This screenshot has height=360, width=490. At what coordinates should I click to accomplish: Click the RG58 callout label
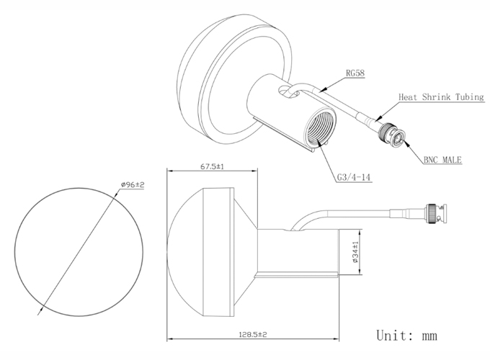point(355,73)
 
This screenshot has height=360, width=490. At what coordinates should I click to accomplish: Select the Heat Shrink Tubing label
point(441,97)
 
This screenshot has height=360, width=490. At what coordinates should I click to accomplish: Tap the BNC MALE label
point(442,160)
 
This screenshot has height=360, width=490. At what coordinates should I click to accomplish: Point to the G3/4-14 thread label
point(354,177)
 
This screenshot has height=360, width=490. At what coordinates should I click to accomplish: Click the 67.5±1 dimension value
point(212,166)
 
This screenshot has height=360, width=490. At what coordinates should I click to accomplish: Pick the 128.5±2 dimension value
point(253,334)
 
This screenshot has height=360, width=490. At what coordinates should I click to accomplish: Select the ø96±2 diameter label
point(133,185)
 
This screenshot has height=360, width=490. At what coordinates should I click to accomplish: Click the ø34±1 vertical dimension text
point(356,252)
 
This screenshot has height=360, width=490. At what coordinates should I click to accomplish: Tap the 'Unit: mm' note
point(406,336)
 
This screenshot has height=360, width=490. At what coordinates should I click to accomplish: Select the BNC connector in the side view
point(436,214)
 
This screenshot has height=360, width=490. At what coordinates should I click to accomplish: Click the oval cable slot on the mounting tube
point(289,92)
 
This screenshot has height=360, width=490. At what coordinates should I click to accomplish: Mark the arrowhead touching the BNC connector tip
point(406,143)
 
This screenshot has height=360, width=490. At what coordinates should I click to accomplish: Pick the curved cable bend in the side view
point(305,219)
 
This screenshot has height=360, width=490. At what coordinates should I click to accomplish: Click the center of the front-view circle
point(79,252)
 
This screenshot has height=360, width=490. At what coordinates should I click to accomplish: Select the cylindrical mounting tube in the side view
point(298,252)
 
